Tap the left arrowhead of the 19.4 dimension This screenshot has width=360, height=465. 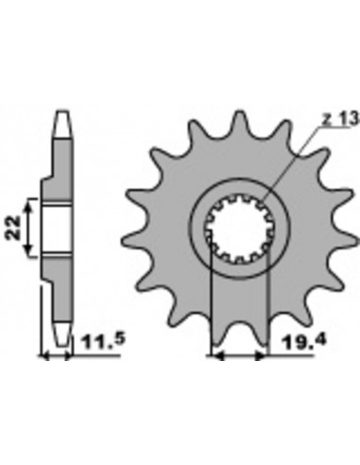point(214,358)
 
